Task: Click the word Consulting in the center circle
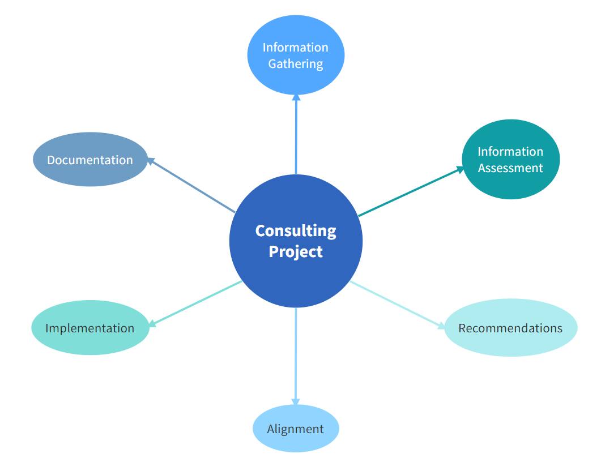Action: pos(295,231)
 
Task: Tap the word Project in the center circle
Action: pos(295,251)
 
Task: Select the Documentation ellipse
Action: pos(90,160)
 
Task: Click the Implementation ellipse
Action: pos(90,328)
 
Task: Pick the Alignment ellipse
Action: pos(295,429)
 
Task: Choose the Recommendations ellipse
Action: pos(510,328)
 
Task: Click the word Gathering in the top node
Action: pos(295,63)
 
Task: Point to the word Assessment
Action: pos(510,168)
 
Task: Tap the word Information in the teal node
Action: pos(510,151)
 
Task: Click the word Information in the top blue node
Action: pos(295,47)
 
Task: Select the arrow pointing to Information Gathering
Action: pos(296,136)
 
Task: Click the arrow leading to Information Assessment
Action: pos(411,191)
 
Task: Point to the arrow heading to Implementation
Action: pos(195,303)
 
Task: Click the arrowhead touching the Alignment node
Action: pos(296,401)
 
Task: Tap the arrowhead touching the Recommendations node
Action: pos(441,325)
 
